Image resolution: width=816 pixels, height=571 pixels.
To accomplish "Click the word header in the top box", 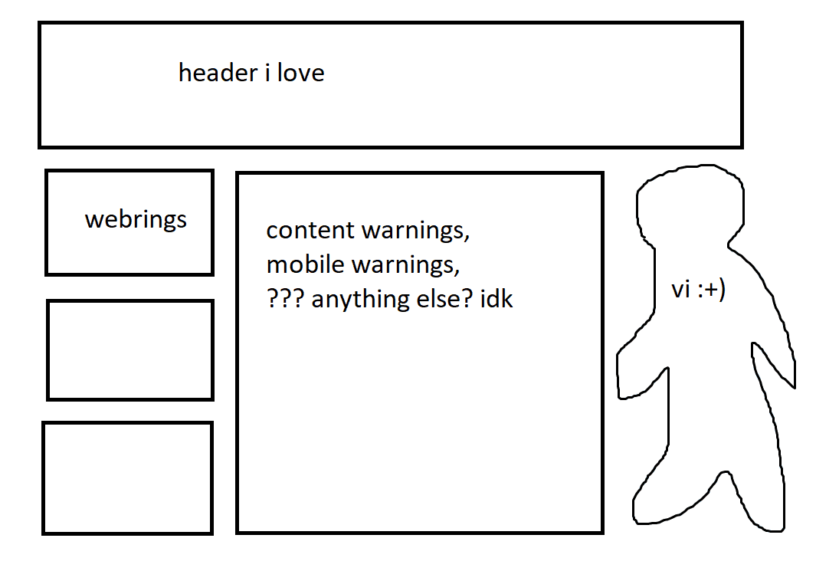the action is (218, 72).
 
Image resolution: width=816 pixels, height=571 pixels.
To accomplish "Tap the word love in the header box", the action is (301, 72).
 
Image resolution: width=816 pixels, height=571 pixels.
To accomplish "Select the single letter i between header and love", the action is (267, 72).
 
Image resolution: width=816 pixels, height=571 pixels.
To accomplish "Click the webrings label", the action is (136, 220).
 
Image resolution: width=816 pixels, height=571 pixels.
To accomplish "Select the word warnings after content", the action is (416, 231).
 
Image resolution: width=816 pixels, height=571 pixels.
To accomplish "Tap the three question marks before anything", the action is (285, 298).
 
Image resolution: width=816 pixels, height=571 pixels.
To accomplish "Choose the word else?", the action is (445, 298).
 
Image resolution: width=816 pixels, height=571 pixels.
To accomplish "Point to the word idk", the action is (496, 298).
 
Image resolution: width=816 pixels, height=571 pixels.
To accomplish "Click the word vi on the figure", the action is (680, 289).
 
